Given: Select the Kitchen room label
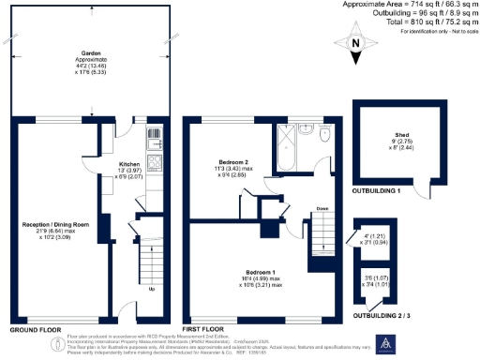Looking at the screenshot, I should pyautogui.click(x=127, y=165).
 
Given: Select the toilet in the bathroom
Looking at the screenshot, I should pyautogui.click(x=323, y=134).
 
